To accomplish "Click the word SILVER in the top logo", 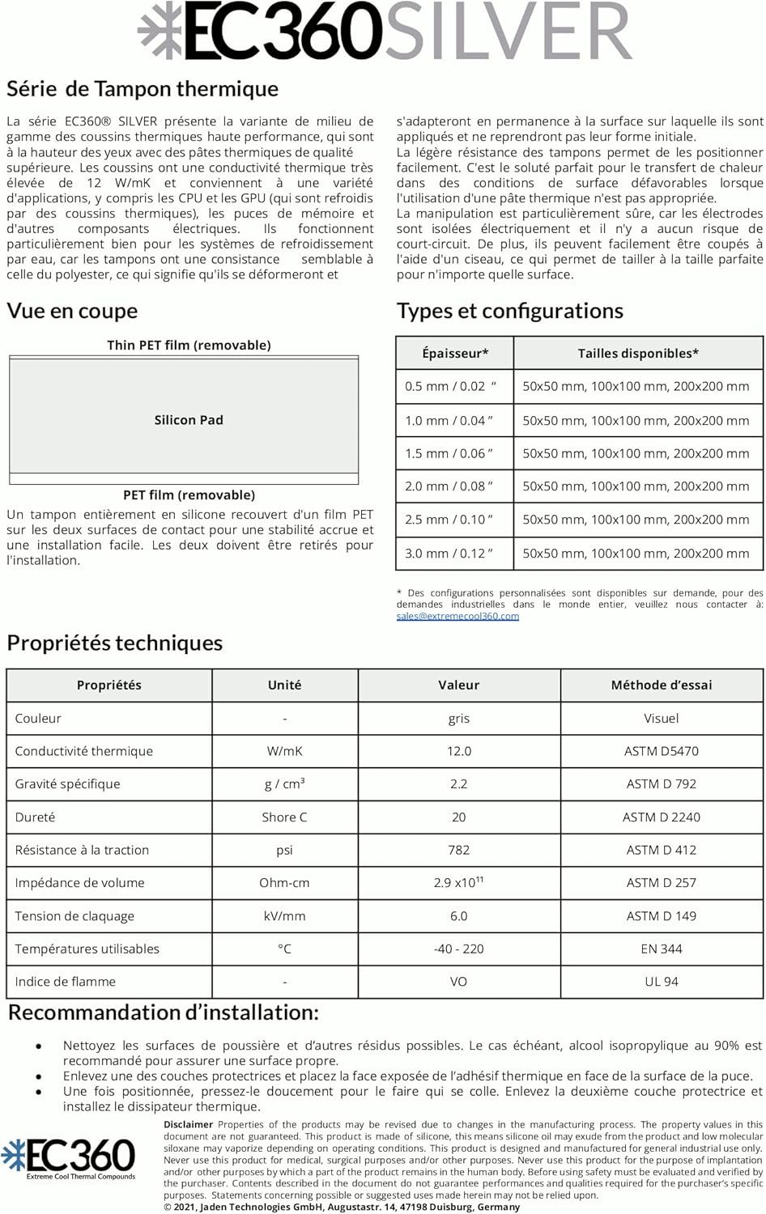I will [x=508, y=31].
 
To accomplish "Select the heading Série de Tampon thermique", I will [x=143, y=89].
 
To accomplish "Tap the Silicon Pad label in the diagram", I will [x=189, y=420].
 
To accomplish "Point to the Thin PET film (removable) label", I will [x=189, y=346].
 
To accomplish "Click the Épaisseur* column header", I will [x=455, y=354].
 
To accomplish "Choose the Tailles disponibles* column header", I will [x=638, y=354].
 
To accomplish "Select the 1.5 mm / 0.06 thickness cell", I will [x=449, y=453].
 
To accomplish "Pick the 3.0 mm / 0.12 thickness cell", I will [x=449, y=554].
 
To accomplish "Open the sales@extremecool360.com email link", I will [x=457, y=616].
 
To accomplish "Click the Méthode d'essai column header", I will [x=661, y=686].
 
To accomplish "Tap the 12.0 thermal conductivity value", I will [x=458, y=751].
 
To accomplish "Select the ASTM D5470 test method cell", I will [x=661, y=751].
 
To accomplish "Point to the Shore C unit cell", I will [x=284, y=817].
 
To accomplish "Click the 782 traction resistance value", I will [x=458, y=850].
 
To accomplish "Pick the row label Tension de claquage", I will [x=74, y=916].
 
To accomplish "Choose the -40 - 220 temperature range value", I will [x=458, y=949].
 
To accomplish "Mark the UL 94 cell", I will [x=661, y=982].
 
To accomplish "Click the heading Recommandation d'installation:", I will [x=163, y=1013].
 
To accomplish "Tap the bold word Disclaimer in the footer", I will [x=188, y=1124].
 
